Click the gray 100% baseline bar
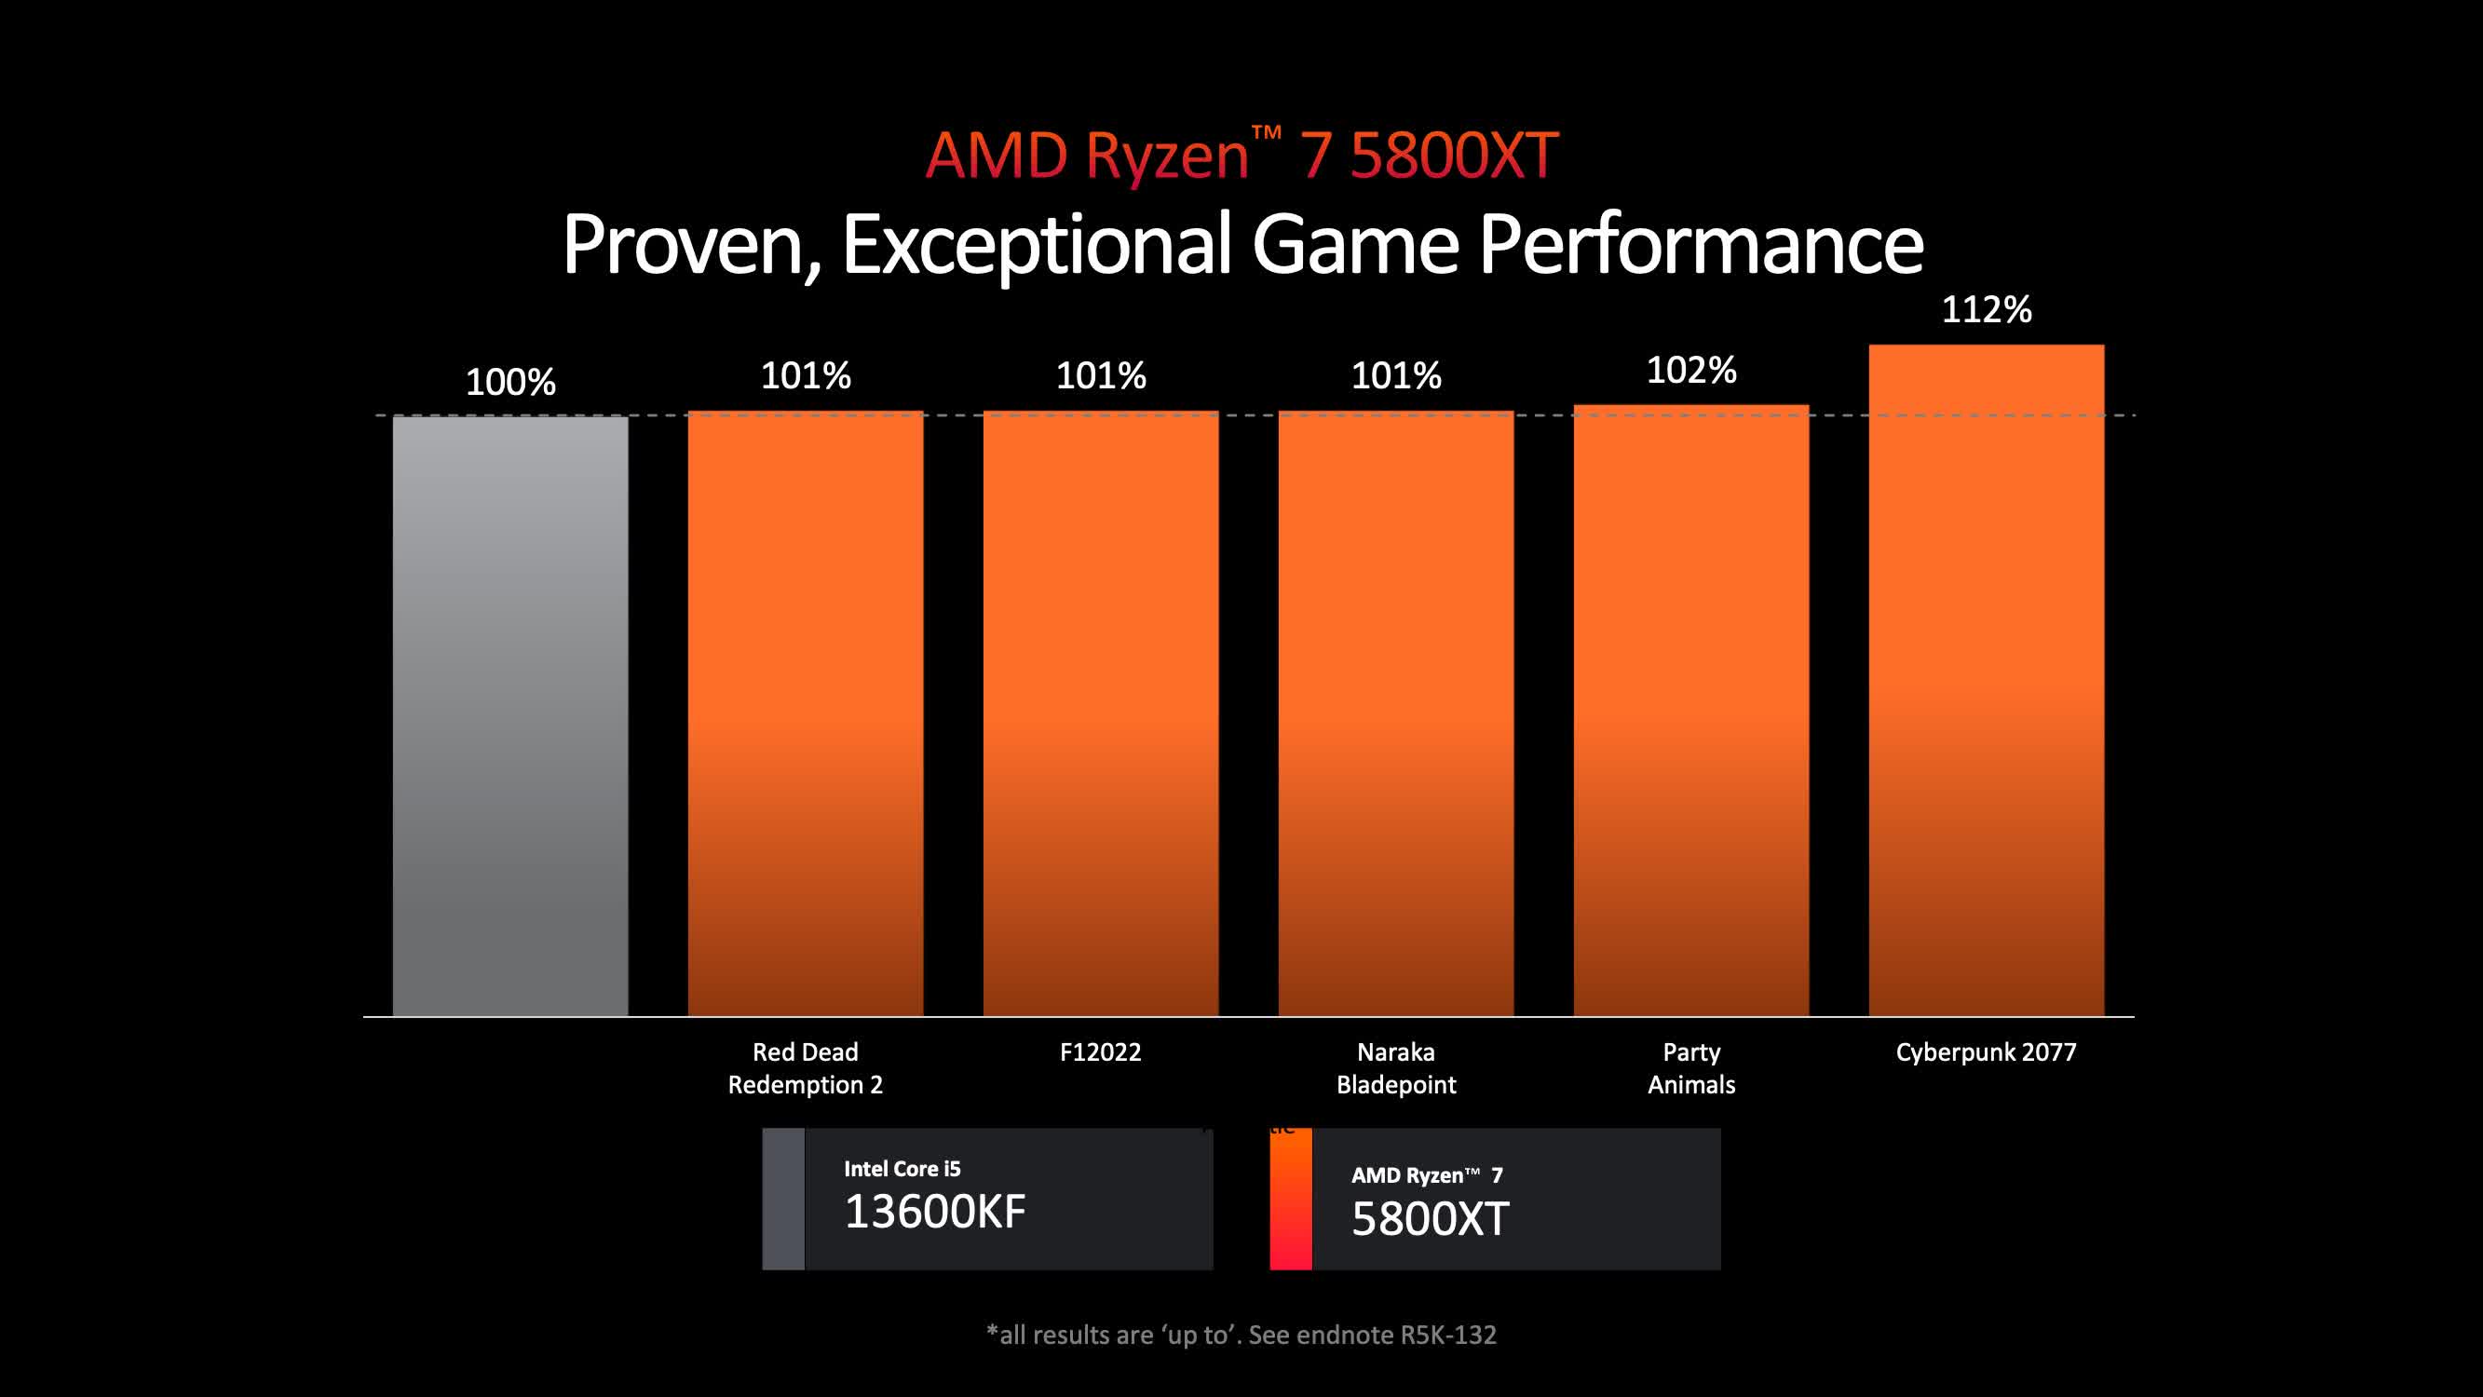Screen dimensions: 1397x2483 pos(509,715)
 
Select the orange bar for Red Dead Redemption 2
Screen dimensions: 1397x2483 pos(805,713)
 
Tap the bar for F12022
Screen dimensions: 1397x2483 pos(1100,713)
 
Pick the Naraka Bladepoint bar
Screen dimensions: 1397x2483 pos(1396,713)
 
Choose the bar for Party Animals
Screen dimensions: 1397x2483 pos(1690,710)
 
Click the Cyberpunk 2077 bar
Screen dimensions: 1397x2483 pos(1986,680)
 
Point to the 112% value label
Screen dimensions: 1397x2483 pos(1986,309)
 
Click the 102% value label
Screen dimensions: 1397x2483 pos(1690,371)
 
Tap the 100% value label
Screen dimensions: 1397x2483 pos(509,382)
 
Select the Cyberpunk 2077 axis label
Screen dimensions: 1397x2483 pos(1986,1051)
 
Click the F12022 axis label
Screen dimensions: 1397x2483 pos(1100,1051)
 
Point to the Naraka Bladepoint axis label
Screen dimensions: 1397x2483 pos(1396,1068)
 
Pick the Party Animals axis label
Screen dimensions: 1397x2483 pos(1690,1068)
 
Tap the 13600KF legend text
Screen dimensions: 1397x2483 pos(934,1212)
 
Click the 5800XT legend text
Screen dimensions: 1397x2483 pos(1430,1218)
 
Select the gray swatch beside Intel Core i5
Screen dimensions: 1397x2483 pos(782,1199)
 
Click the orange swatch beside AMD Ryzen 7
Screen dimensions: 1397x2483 pos(1291,1199)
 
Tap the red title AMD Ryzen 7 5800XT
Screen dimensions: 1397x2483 pos(1241,155)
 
